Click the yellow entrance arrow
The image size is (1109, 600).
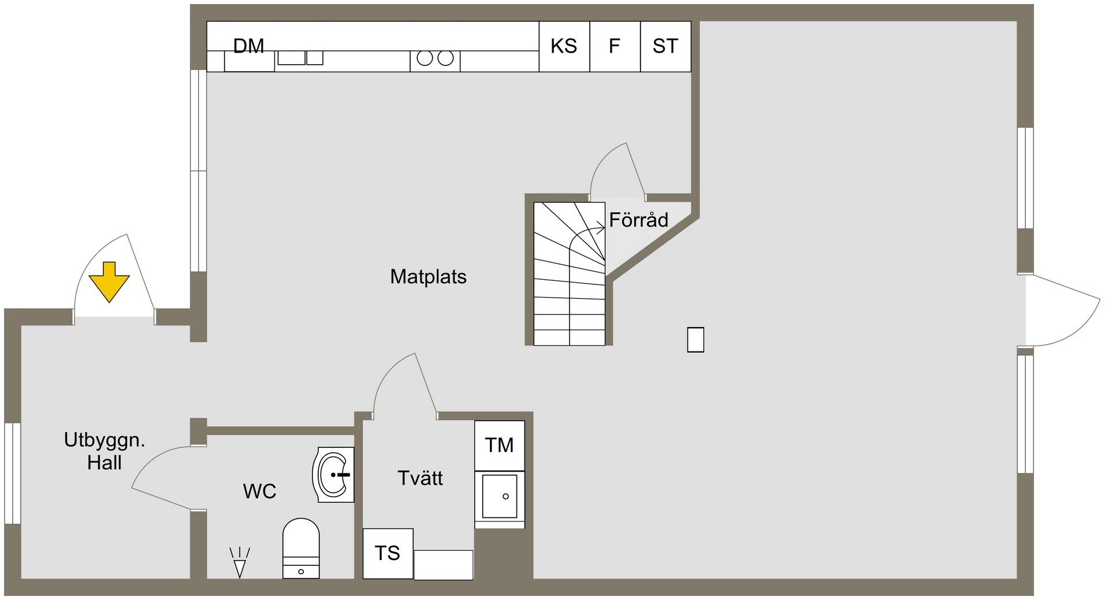(x=109, y=282)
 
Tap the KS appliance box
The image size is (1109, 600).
(x=564, y=46)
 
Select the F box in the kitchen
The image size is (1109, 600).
(x=615, y=46)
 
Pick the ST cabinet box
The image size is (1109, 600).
(x=665, y=46)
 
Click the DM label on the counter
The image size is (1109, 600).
(x=249, y=46)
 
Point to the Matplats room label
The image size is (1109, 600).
(x=428, y=276)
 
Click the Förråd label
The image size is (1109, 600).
(x=639, y=220)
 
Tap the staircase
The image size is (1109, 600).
(x=569, y=273)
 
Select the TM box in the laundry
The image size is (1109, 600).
(x=500, y=445)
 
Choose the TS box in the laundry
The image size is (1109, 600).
(x=388, y=553)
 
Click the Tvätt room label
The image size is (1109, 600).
(x=420, y=478)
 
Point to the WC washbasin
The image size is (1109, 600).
(x=333, y=475)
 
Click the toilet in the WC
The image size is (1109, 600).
(x=301, y=548)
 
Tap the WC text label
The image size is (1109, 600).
(x=259, y=491)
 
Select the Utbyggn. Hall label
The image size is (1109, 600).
(x=105, y=451)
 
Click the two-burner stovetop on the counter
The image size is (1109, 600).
(x=435, y=58)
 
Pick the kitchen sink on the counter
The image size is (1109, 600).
(x=300, y=58)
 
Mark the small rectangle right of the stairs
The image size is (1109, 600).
(x=695, y=340)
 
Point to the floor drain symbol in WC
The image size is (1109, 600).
(x=239, y=562)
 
